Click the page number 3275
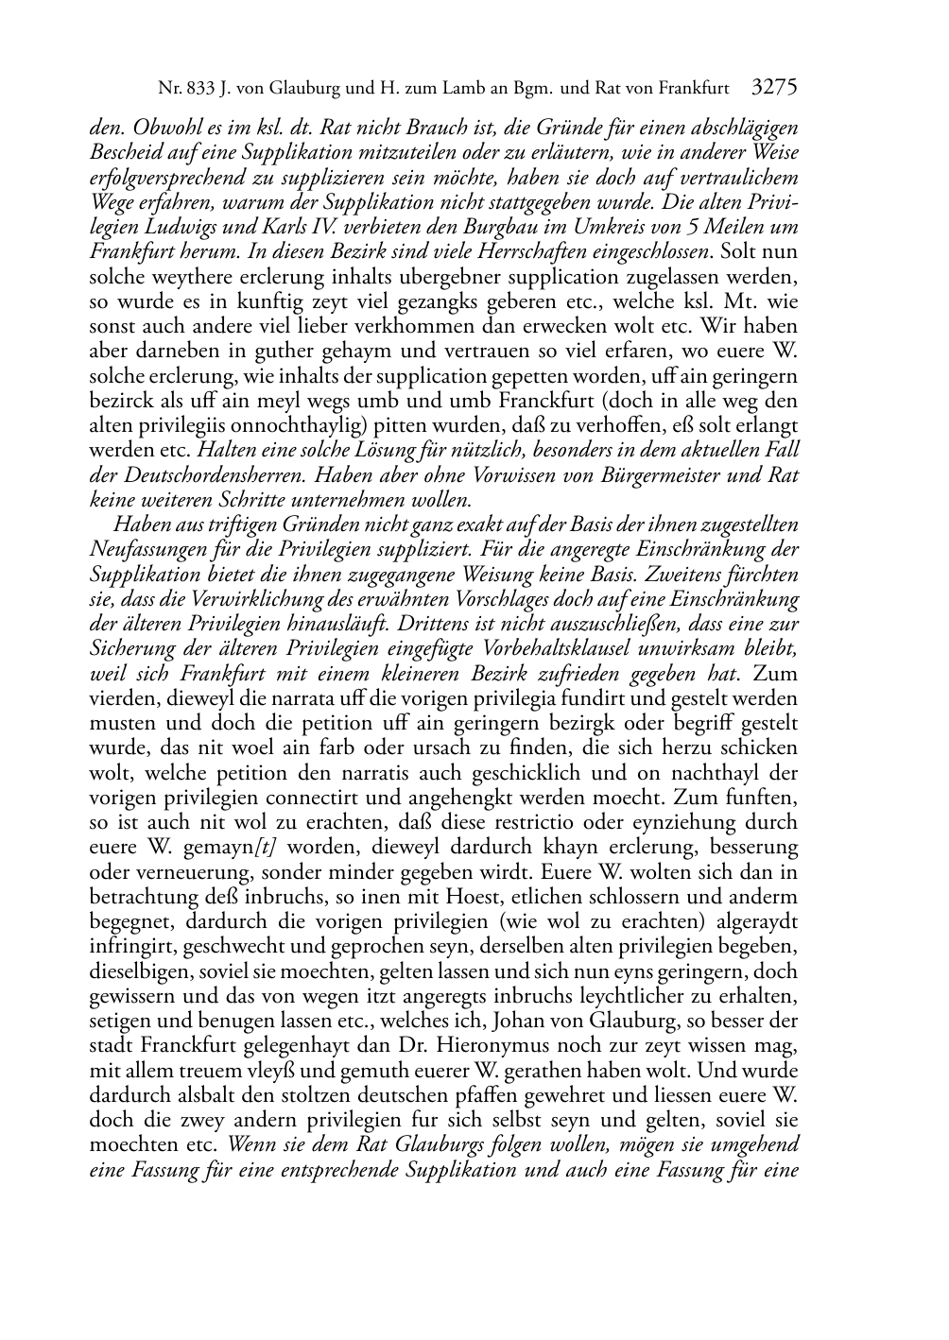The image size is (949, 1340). pyautogui.click(x=773, y=89)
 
